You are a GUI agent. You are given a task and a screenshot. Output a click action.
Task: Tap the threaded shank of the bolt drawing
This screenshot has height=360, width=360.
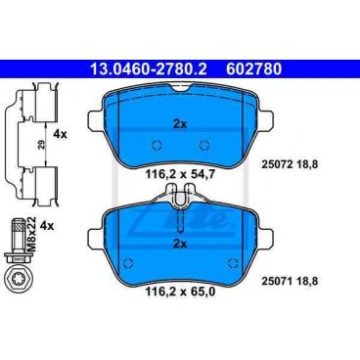point(17,232)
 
